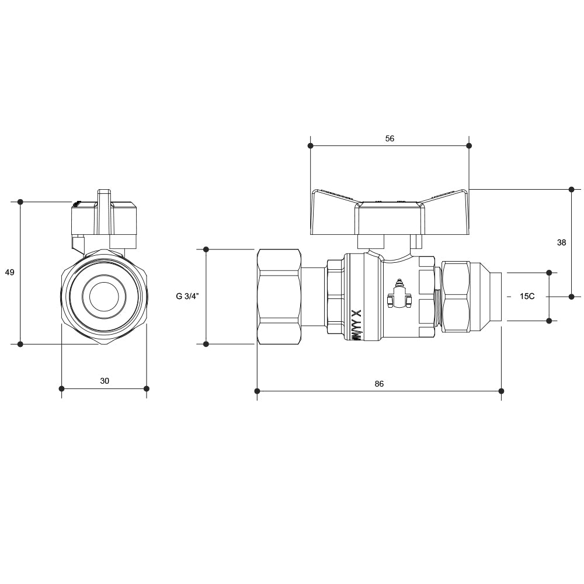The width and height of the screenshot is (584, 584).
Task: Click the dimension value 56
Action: pyautogui.click(x=390, y=138)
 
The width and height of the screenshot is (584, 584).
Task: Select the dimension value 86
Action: pyautogui.click(x=379, y=384)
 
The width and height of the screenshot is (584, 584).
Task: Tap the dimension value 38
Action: pyautogui.click(x=561, y=242)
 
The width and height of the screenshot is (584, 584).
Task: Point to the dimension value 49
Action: pyautogui.click(x=9, y=272)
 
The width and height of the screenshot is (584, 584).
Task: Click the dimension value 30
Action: pyautogui.click(x=105, y=381)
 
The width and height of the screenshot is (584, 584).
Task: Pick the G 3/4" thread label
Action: pyautogui.click(x=187, y=296)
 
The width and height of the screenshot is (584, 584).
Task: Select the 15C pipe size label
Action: pyautogui.click(x=527, y=296)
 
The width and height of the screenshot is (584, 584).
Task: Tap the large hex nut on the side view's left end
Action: pyautogui.click(x=278, y=296)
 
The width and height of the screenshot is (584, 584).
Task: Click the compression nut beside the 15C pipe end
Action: pyautogui.click(x=458, y=296)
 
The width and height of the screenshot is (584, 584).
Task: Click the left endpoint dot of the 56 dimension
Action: pyautogui.click(x=311, y=145)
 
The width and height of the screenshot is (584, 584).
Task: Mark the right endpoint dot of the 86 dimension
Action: pyautogui.click(x=501, y=390)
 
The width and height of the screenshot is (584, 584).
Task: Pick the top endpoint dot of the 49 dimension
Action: pyautogui.click(x=20, y=202)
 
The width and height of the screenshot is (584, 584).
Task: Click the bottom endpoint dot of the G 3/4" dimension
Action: pyautogui.click(x=206, y=344)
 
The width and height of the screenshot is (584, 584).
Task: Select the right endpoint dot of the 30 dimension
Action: pyautogui.click(x=146, y=388)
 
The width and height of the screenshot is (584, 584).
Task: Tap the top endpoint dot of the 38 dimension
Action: pyautogui.click(x=572, y=189)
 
